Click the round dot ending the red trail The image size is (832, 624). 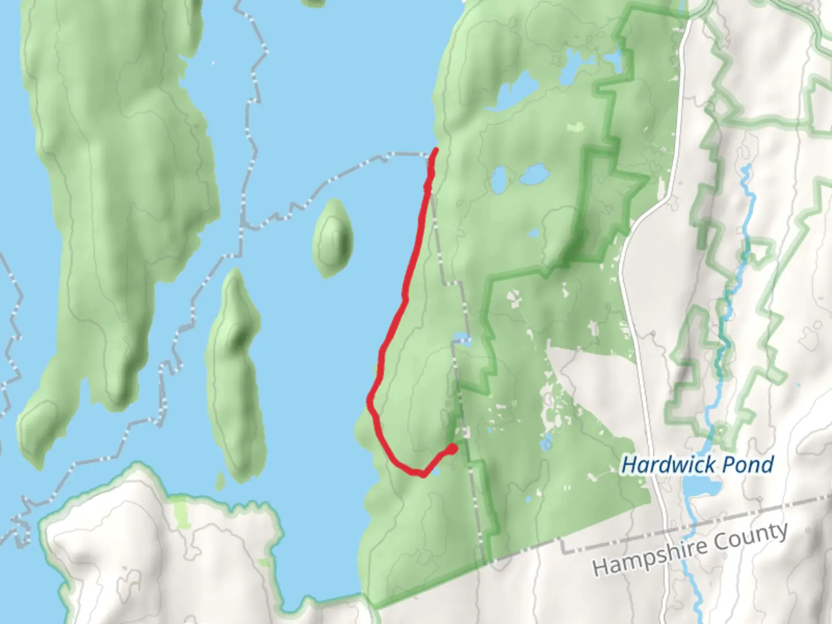tap(452, 448)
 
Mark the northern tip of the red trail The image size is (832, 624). tap(435, 150)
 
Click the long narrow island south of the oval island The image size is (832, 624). tap(237, 376)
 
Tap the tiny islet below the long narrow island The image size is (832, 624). tap(220, 480)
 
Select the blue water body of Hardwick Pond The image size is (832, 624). tap(700, 491)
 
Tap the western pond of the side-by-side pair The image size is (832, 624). tap(500, 180)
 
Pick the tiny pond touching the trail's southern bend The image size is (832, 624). tap(434, 473)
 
